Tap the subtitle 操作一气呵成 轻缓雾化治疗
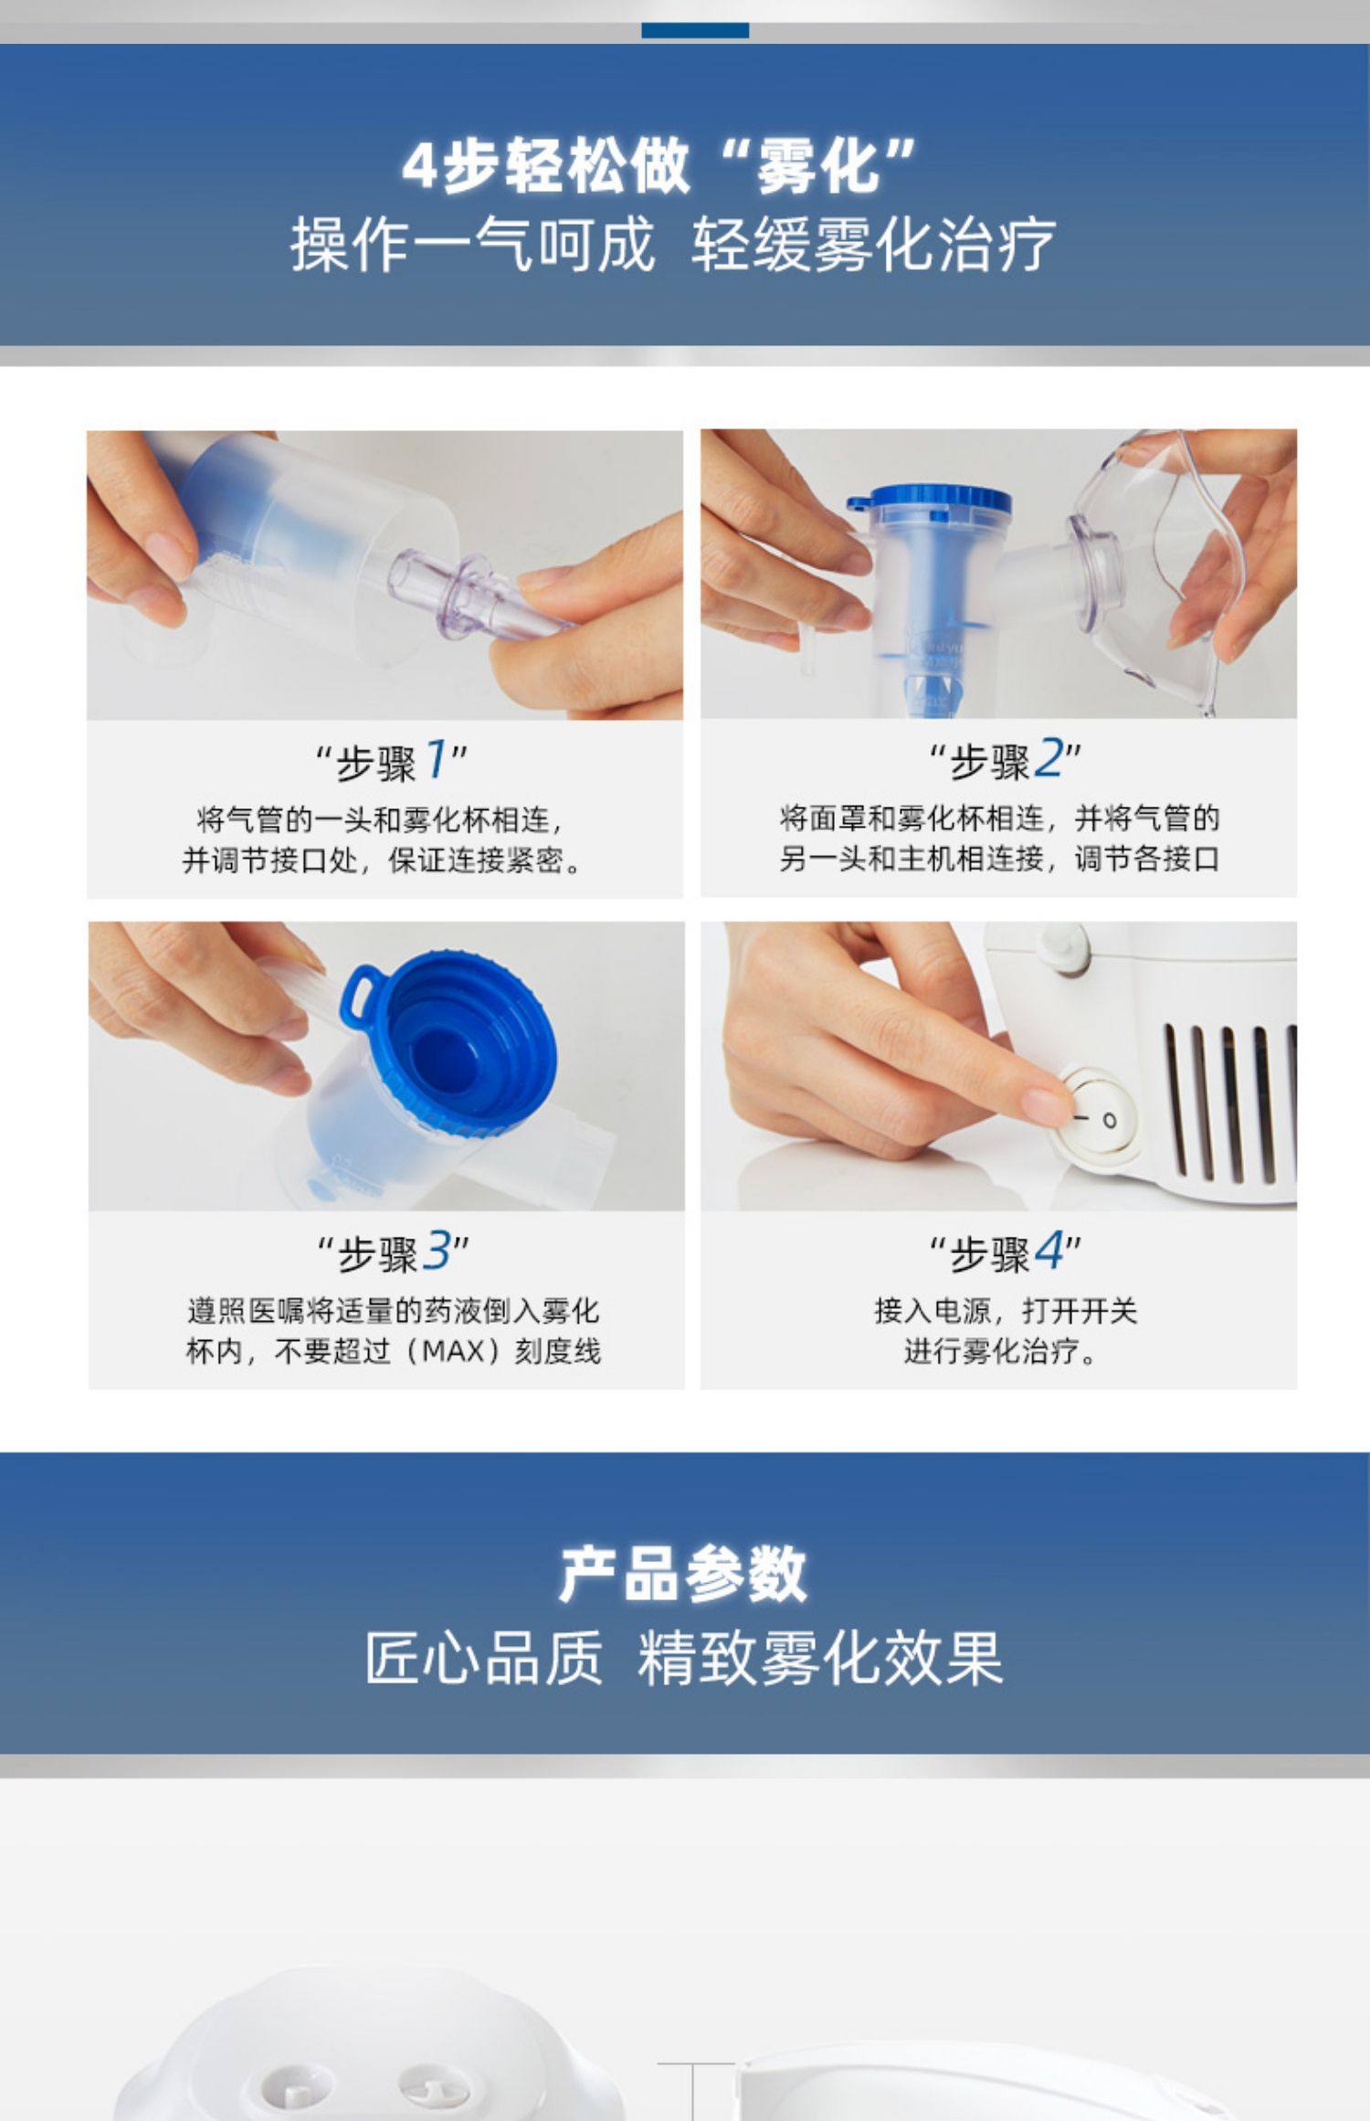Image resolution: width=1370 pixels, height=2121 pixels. point(673,245)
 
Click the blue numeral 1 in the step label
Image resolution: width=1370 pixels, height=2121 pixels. point(437,760)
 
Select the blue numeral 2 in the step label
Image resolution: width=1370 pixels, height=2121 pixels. point(1050,759)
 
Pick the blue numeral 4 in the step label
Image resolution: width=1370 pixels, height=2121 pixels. point(1050,1250)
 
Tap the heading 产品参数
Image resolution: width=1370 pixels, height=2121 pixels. point(683,1573)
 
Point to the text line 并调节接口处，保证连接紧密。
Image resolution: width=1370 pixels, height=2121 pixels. point(383,860)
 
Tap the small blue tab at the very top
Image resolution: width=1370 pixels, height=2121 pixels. point(695,30)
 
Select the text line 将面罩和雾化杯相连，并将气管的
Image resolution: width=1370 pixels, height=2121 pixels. point(999,818)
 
